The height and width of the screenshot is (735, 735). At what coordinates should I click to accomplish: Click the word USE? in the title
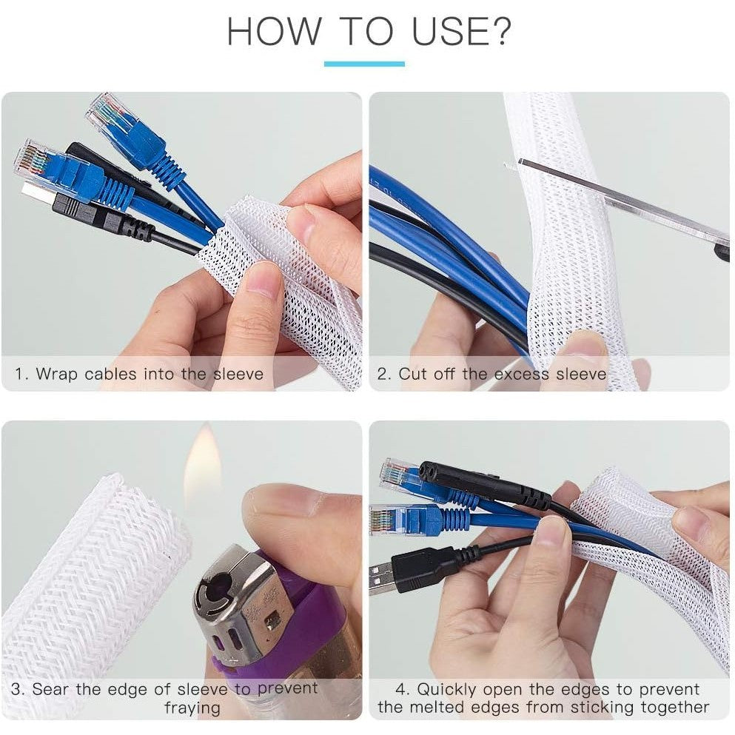461,31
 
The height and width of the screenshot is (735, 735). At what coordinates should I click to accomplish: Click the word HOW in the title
273,31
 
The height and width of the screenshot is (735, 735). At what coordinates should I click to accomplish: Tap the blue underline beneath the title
364,64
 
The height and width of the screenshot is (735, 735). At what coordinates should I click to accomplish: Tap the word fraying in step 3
192,708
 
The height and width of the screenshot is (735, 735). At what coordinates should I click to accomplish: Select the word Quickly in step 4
446,690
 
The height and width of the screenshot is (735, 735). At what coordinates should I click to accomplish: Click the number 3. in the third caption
19,689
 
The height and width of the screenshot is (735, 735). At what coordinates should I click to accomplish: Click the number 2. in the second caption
384,374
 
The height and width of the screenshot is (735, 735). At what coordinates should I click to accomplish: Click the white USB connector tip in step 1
34,189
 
